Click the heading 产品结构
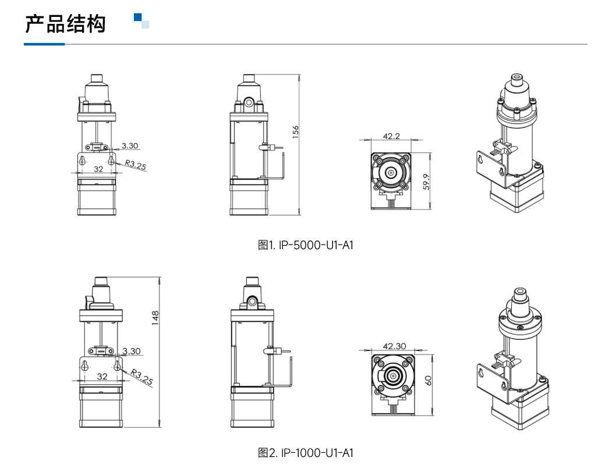click(x=65, y=24)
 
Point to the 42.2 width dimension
click(x=391, y=136)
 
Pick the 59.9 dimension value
click(x=426, y=182)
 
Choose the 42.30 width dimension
click(x=394, y=346)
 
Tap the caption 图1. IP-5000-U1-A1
click(x=305, y=245)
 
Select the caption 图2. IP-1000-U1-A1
click(x=305, y=453)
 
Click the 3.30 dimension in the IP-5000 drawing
click(x=130, y=146)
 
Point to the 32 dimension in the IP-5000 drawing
click(x=98, y=168)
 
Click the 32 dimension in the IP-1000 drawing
click(x=102, y=376)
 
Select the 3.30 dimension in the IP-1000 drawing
click(x=132, y=351)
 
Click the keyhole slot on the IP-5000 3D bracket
click(x=481, y=159)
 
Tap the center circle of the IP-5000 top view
click(x=391, y=173)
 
